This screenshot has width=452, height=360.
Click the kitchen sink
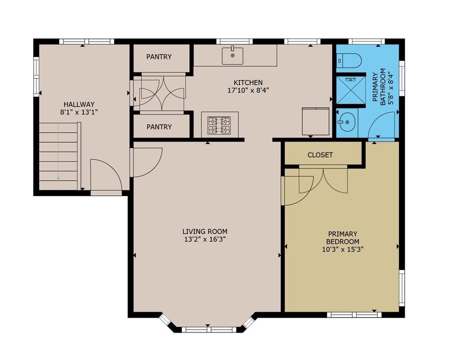pyautogui.click(x=232, y=56)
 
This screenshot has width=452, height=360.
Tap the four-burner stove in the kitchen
pyautogui.click(x=220, y=125)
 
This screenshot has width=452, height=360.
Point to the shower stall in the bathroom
pyautogui.click(x=351, y=90)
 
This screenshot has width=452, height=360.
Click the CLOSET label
pyautogui.click(x=320, y=155)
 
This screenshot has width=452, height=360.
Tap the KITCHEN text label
pyautogui.click(x=248, y=82)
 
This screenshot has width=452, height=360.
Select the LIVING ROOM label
pyautogui.click(x=205, y=231)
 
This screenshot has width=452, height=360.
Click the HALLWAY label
pyautogui.click(x=79, y=104)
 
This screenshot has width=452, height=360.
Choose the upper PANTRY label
pyautogui.click(x=159, y=57)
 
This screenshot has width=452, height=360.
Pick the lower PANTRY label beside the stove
pyautogui.click(x=159, y=127)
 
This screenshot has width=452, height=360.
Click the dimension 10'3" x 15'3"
pyautogui.click(x=343, y=249)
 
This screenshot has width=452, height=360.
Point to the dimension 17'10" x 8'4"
pyautogui.click(x=248, y=90)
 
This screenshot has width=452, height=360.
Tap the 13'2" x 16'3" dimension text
pyautogui.click(x=205, y=239)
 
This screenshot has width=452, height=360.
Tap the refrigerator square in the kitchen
pyautogui.click(x=316, y=121)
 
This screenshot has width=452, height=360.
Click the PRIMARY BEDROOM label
pyautogui.click(x=343, y=238)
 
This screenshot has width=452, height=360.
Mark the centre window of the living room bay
pyautogui.click(x=209, y=330)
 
